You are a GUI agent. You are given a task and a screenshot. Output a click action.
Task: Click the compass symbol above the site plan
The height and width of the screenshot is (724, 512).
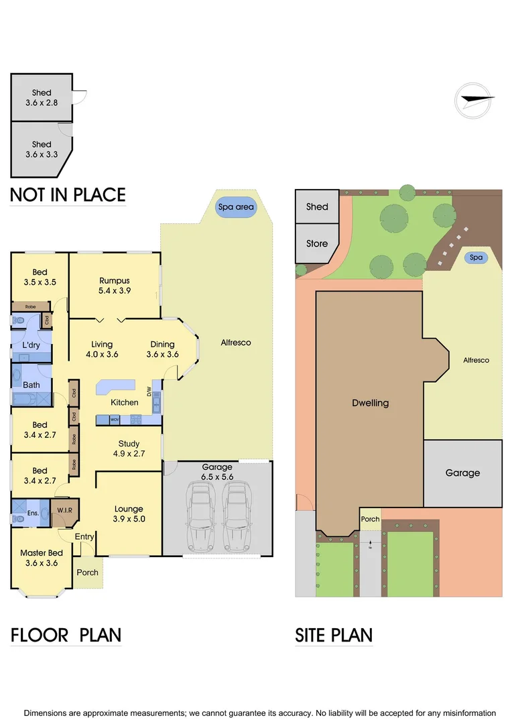click(x=474, y=99)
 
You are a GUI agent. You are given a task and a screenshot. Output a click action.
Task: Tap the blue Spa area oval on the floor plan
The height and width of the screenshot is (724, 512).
click(x=236, y=207)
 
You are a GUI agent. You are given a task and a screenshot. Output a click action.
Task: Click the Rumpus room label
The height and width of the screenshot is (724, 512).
click(x=115, y=281)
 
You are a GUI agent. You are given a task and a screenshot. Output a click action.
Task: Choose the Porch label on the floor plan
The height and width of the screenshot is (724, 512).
click(x=88, y=572)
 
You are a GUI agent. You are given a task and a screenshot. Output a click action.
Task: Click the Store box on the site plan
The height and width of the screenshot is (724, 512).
click(x=317, y=243)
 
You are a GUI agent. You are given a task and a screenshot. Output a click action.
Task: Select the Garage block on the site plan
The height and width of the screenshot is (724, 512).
click(x=462, y=473)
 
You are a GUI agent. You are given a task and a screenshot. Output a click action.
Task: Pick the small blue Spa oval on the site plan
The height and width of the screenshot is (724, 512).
click(x=476, y=257)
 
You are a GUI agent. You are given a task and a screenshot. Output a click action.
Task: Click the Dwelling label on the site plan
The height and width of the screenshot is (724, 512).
click(x=370, y=404)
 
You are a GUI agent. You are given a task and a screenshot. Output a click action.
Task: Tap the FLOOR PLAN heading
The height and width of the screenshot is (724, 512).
click(x=66, y=634)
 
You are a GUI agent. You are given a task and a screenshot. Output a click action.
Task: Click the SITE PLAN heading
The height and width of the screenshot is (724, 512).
click(x=334, y=634)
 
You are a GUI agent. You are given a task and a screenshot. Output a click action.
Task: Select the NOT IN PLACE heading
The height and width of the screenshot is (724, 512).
click(x=68, y=195)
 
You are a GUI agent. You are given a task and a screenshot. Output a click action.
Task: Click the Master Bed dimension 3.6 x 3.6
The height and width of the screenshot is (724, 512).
click(x=42, y=563)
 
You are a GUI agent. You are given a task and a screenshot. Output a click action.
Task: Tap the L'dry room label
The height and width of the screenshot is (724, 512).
click(x=31, y=345)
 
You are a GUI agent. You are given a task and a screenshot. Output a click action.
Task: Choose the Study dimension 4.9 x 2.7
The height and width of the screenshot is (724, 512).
click(x=129, y=454)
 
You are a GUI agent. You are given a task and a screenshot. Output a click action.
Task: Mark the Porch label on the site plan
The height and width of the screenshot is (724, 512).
click(x=370, y=519)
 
